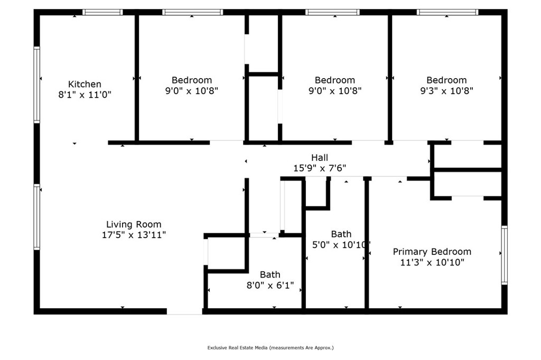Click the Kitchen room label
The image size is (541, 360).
(x=85, y=84)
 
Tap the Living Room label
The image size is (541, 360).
(x=134, y=224)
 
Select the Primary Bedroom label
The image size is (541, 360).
(x=432, y=252)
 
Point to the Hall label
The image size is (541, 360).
(x=320, y=158)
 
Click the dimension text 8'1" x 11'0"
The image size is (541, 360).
(x=85, y=94)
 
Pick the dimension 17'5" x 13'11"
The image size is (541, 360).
(x=134, y=235)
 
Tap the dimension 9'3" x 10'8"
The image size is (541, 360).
(x=446, y=91)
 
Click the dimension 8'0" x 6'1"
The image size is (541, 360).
(x=270, y=285)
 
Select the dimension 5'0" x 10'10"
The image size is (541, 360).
(x=341, y=245)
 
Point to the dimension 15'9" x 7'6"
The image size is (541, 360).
(x=320, y=168)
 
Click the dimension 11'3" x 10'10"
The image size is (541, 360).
(x=432, y=262)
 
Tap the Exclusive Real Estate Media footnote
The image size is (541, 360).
(x=270, y=347)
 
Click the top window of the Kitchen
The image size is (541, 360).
(x=102, y=12)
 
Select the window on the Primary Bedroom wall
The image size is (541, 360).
(x=505, y=255)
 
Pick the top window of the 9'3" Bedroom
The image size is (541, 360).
(x=447, y=12)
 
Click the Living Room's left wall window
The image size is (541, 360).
(x=36, y=217)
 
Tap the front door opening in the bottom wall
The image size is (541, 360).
(x=184, y=311)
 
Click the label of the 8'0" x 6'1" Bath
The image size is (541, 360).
(x=270, y=274)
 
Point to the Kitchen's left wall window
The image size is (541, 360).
(x=36, y=84)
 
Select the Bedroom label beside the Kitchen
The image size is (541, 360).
(x=191, y=80)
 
